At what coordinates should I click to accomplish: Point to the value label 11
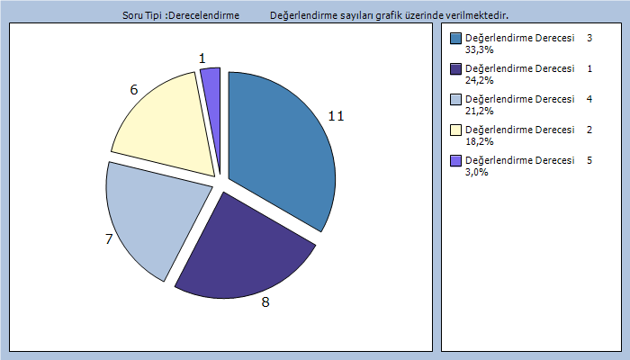(336, 116)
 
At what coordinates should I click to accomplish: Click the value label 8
(265, 302)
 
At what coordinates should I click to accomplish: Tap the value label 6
(134, 90)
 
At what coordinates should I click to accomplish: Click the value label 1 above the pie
(202, 58)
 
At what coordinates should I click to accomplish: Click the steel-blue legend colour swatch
(455, 39)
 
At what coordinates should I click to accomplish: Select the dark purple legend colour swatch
(455, 69)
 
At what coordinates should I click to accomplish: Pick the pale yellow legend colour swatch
(455, 130)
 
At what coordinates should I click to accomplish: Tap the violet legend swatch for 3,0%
(455, 161)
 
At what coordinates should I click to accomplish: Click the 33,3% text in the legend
(478, 50)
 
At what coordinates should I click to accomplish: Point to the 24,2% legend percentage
(478, 81)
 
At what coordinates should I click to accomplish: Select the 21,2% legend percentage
(478, 112)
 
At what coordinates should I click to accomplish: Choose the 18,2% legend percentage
(478, 142)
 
